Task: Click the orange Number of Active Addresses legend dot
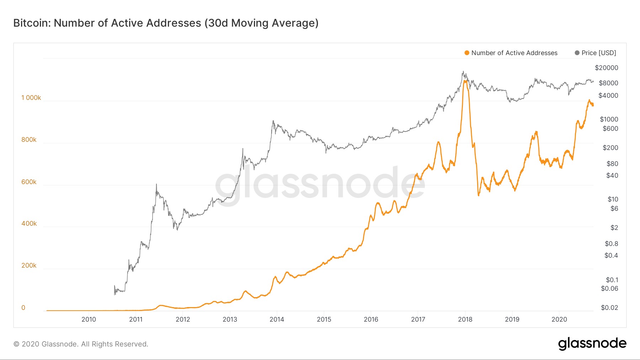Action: point(467,53)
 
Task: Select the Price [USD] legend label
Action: point(598,53)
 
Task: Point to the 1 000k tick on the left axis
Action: point(31,98)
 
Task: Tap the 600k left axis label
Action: point(29,182)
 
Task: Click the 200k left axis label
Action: point(29,265)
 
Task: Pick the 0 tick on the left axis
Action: point(23,308)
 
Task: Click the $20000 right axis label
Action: point(606,68)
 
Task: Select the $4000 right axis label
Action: point(608,96)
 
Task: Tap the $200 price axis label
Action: point(610,148)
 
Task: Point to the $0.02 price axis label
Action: point(609,308)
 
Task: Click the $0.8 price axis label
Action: point(611,244)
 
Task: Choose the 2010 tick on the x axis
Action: point(89,319)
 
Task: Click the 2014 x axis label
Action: point(277,319)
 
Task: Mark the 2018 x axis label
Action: point(465,319)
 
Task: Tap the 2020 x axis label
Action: point(559,319)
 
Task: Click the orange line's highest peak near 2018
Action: point(465,81)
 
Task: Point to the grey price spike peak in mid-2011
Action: point(156,184)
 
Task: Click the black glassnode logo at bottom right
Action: point(592,344)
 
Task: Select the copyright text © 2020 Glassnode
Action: point(81,344)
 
